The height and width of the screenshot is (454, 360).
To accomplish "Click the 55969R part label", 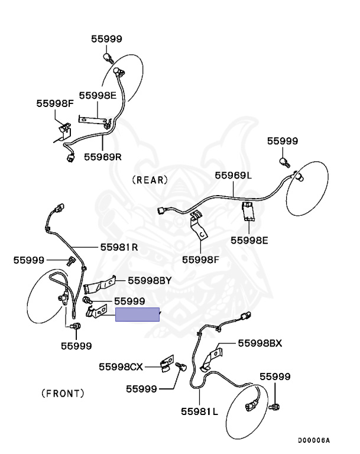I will pyautogui.click(x=102, y=157).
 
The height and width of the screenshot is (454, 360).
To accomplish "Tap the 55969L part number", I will pyautogui.click(x=233, y=175).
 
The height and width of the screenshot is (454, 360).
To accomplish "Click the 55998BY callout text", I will pyautogui.click(x=150, y=281).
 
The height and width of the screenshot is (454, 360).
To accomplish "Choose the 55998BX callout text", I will pyautogui.click(x=260, y=343).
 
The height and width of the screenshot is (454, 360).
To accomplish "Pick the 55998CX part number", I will pyautogui.click(x=121, y=367).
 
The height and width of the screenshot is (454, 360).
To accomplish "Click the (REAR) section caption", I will pyautogui.click(x=150, y=180).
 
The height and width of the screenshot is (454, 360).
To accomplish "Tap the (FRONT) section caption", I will pyautogui.click(x=63, y=393).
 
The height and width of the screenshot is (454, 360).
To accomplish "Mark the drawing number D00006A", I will pyautogui.click(x=313, y=440).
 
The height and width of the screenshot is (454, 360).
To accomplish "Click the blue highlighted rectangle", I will pyautogui.click(x=137, y=314).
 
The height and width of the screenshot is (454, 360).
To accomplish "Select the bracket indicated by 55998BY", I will pyautogui.click(x=98, y=285).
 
